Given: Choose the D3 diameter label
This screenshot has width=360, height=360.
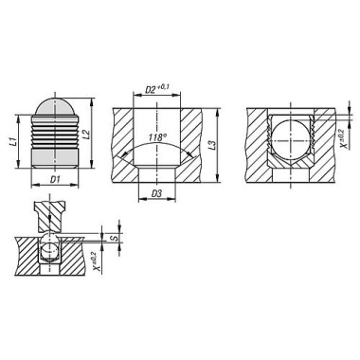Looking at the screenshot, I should click(x=155, y=195).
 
